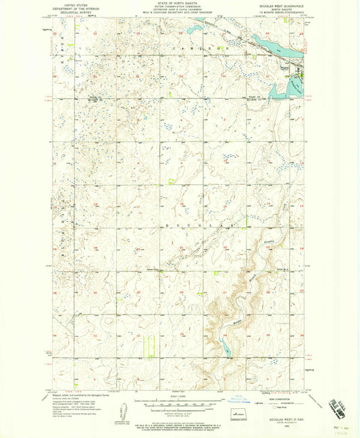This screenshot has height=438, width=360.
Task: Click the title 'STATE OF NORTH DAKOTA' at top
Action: click(180, 4)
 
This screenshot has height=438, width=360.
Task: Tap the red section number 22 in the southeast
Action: click(224, 248)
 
